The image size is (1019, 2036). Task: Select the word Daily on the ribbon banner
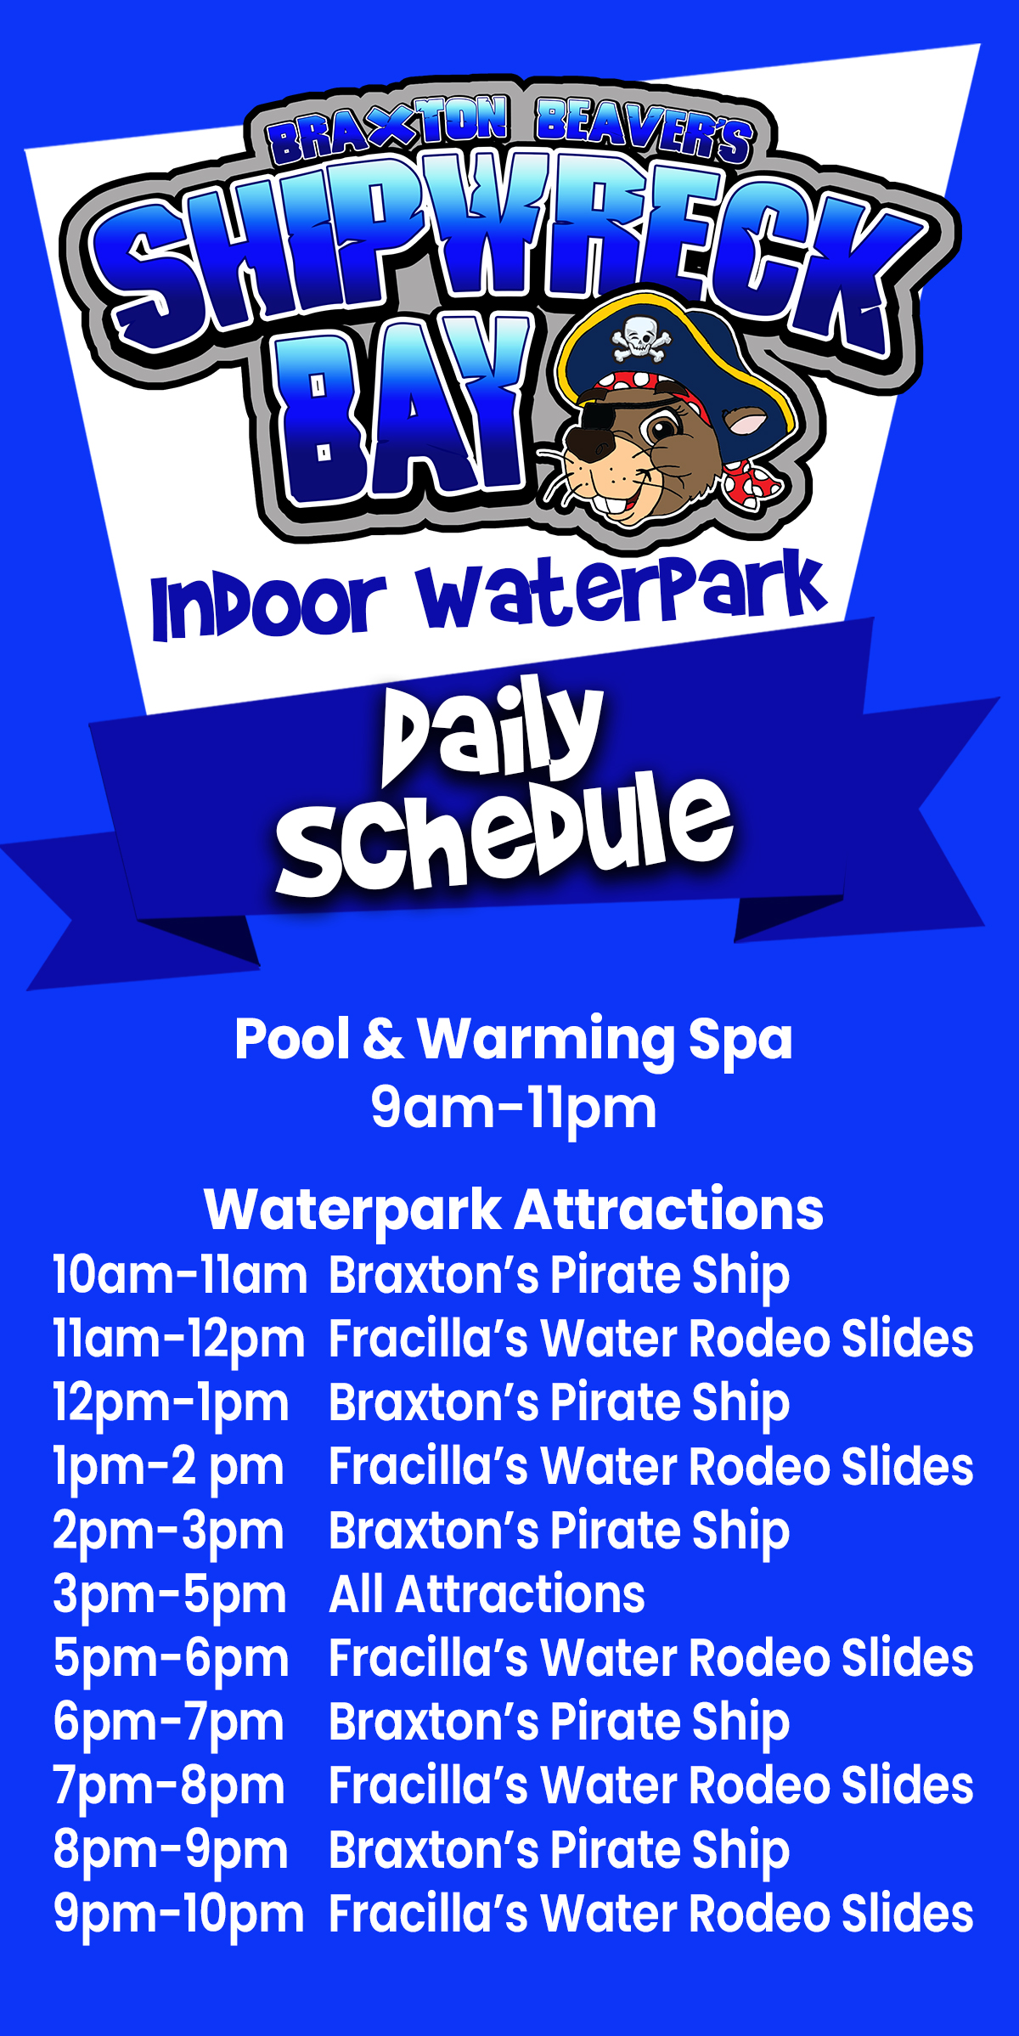[493, 730]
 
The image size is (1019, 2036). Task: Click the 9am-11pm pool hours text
[514, 1109]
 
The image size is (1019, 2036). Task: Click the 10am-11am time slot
[179, 1276]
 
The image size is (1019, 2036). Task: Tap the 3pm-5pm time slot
[170, 1594]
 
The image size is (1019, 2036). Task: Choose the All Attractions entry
[487, 1593]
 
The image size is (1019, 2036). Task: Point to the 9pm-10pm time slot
[178, 1915]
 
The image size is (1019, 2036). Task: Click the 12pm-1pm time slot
[171, 1403]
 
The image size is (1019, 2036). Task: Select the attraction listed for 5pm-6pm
[651, 1658]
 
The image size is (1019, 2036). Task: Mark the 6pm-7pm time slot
[168, 1723]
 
